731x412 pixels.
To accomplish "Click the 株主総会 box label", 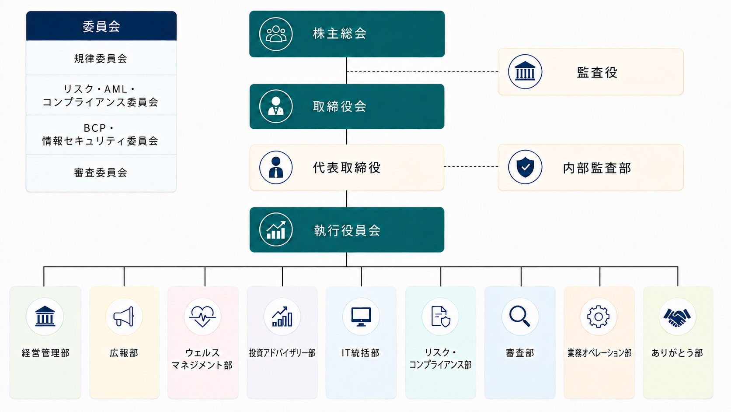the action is click(339, 34).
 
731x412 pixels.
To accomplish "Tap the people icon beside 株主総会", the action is click(276, 34).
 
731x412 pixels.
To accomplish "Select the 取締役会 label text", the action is click(339, 106).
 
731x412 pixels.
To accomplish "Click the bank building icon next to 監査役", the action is click(525, 71).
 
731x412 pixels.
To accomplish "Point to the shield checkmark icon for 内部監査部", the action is click(525, 167).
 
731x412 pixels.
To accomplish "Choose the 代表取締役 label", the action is click(347, 168).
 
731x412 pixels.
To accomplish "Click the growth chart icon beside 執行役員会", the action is click(276, 229).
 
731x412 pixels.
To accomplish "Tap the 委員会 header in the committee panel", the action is click(101, 26).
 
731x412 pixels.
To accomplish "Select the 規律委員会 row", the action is click(101, 59).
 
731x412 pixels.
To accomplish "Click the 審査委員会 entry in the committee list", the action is click(101, 172).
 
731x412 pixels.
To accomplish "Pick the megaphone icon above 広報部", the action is click(124, 316).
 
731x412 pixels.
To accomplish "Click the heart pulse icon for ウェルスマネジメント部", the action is click(202, 316).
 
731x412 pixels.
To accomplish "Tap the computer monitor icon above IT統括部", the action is click(361, 316).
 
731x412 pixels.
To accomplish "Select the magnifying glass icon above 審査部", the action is click(520, 316).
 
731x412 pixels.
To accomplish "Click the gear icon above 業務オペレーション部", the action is click(598, 316).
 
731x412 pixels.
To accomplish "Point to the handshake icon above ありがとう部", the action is click(677, 316).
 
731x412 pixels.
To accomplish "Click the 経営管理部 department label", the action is click(45, 353).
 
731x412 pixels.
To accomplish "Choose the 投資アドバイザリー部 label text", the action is click(282, 353).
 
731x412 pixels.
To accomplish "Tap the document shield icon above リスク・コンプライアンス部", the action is click(440, 316).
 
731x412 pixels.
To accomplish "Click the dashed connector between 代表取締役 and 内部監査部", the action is click(471, 167).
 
